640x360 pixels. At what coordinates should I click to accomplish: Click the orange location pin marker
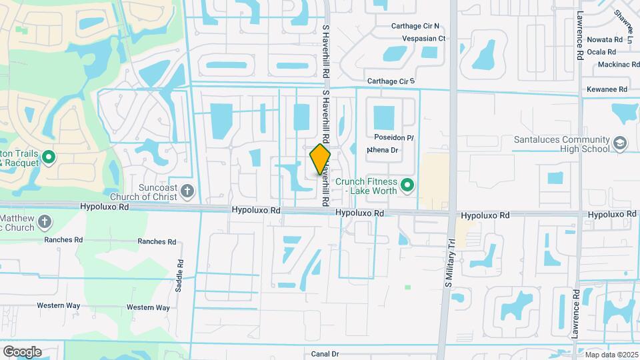pos(320,159)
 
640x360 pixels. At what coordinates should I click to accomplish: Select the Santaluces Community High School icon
pos(620,143)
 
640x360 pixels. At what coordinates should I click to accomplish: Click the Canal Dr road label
pos(325,354)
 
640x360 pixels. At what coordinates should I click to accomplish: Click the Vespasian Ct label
pos(423,39)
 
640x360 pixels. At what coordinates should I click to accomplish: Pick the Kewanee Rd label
pos(607,89)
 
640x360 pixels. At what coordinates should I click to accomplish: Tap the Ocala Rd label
pos(605,51)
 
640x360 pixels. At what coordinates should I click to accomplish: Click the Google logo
pos(22,351)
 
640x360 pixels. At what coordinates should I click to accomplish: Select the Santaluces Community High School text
pos(562,144)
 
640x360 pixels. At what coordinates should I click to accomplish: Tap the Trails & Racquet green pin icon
pos(48,158)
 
